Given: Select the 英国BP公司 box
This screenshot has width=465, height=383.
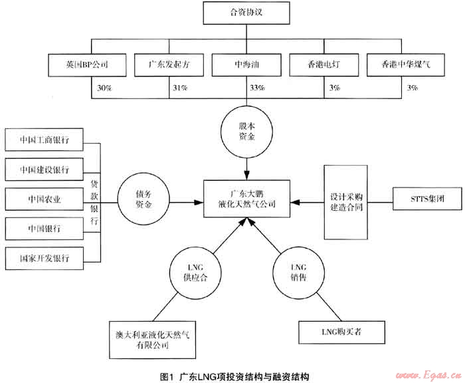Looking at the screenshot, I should tap(86, 65).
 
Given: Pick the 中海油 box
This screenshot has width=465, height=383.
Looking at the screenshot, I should tap(247, 65).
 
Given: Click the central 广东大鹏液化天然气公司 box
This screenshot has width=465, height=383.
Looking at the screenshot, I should tap(247, 198).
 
